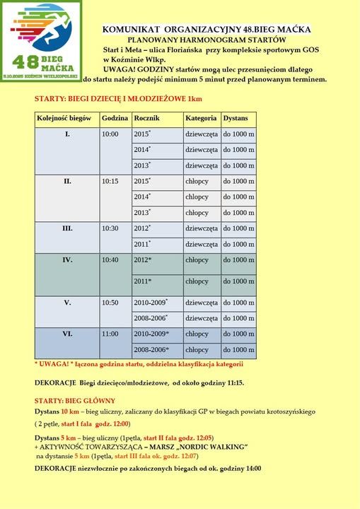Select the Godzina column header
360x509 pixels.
click(114, 117)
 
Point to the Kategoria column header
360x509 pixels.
click(200, 117)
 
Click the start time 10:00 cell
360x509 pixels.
click(110, 134)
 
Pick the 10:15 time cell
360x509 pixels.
click(110, 181)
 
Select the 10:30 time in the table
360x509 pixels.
click(110, 228)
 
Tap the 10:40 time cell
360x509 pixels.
click(110, 260)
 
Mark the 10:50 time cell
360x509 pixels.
click(110, 303)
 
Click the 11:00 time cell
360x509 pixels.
click(110, 334)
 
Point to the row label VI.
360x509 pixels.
click(67, 334)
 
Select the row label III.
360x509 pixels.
click(67, 228)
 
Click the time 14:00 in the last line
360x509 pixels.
click(251, 468)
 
